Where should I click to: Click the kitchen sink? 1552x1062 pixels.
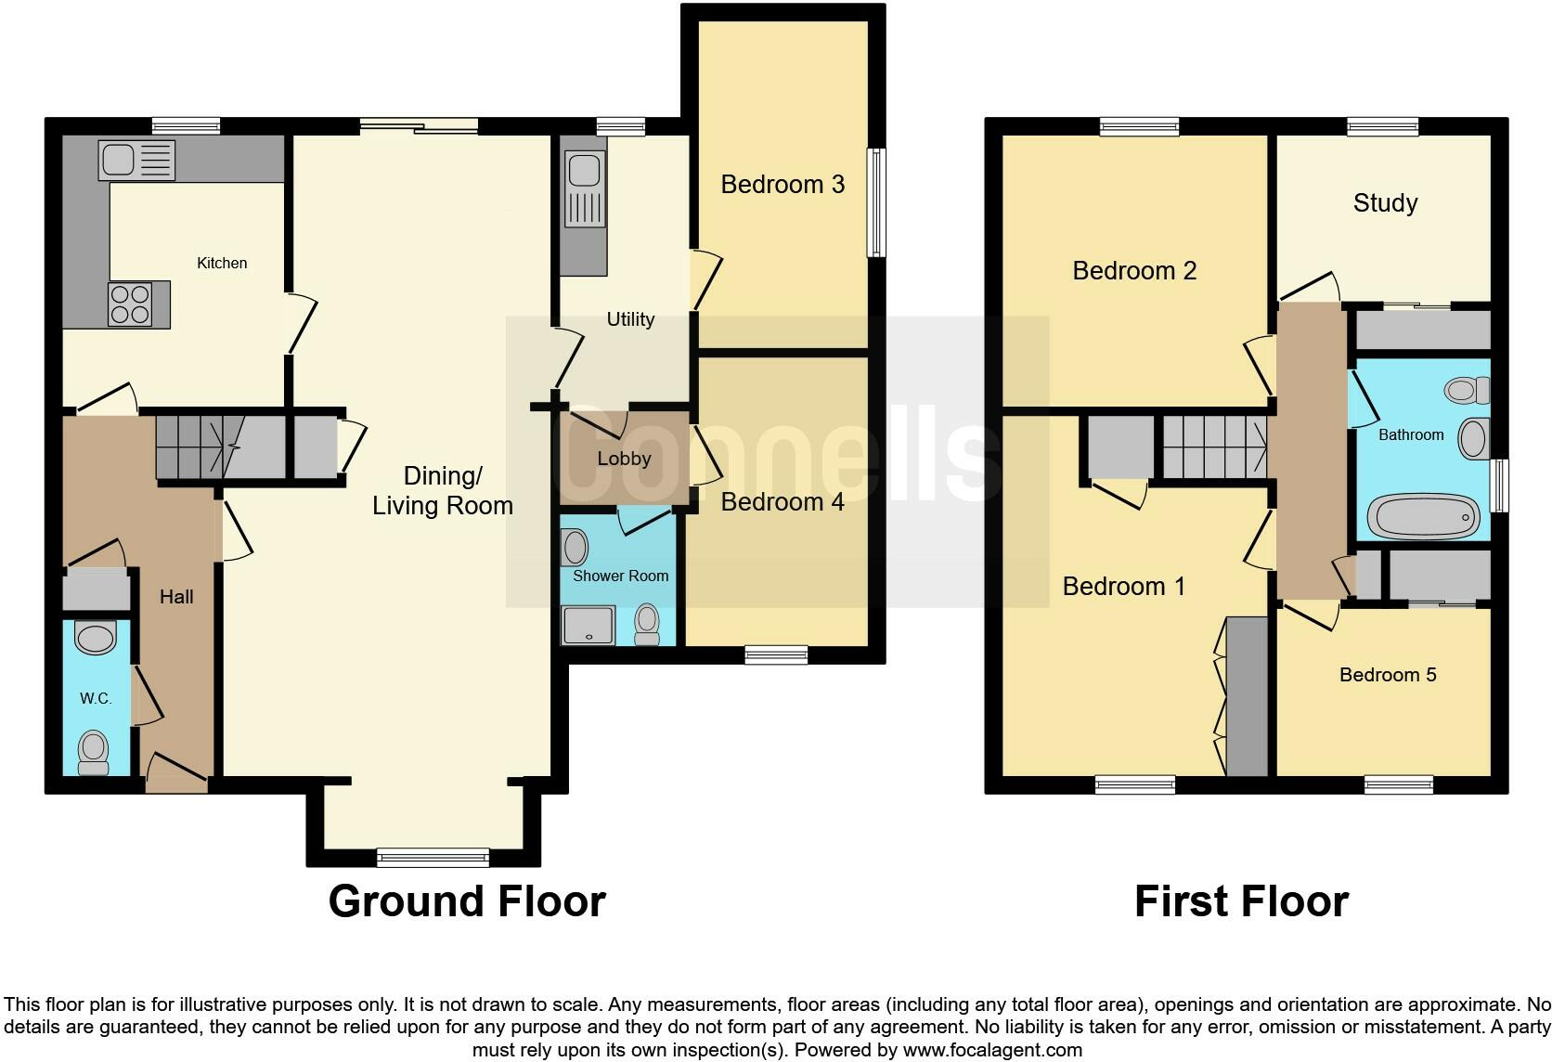pyautogui.click(x=136, y=161)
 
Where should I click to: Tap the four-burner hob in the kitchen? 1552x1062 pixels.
pyautogui.click(x=130, y=304)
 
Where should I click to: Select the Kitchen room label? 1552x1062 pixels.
pyautogui.click(x=222, y=264)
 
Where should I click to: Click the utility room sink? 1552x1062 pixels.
pyautogui.click(x=584, y=190)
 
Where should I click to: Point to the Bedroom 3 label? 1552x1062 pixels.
pyautogui.click(x=782, y=185)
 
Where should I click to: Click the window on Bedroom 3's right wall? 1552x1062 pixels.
pyautogui.click(x=875, y=202)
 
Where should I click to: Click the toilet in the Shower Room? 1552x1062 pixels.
pyautogui.click(x=647, y=623)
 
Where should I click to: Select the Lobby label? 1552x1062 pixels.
pyautogui.click(x=624, y=459)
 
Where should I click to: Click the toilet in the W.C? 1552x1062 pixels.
pyautogui.click(x=93, y=751)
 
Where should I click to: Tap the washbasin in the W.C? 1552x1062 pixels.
pyautogui.click(x=95, y=638)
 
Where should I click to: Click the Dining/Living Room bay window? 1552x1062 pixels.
pyautogui.click(x=433, y=857)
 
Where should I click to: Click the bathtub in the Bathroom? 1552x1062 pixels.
pyautogui.click(x=1422, y=517)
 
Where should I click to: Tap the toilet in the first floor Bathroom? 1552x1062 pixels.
pyautogui.click(x=1466, y=390)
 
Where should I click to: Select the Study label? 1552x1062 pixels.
pyautogui.click(x=1385, y=203)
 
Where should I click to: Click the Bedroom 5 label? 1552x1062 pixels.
pyautogui.click(x=1387, y=675)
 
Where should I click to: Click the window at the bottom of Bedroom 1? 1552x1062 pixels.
pyautogui.click(x=1134, y=785)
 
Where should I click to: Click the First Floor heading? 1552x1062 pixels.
pyautogui.click(x=1240, y=901)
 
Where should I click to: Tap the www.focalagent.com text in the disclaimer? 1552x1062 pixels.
pyautogui.click(x=992, y=1050)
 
